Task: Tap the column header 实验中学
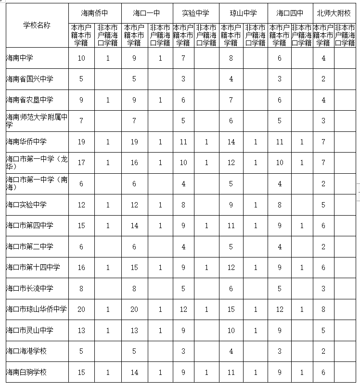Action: [x=195, y=12]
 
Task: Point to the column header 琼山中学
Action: [x=244, y=12]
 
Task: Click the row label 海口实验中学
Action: [x=26, y=205]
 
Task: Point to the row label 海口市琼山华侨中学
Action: [x=36, y=309]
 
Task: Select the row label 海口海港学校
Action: [x=26, y=351]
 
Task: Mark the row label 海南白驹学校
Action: [x=26, y=372]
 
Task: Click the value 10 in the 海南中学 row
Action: [x=81, y=58]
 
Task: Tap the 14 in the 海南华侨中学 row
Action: [x=231, y=142]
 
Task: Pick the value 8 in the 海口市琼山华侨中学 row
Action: [x=323, y=309]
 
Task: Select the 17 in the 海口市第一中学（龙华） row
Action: [x=81, y=163]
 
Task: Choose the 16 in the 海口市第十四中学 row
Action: [x=81, y=267]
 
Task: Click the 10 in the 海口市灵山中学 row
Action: [x=231, y=330]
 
